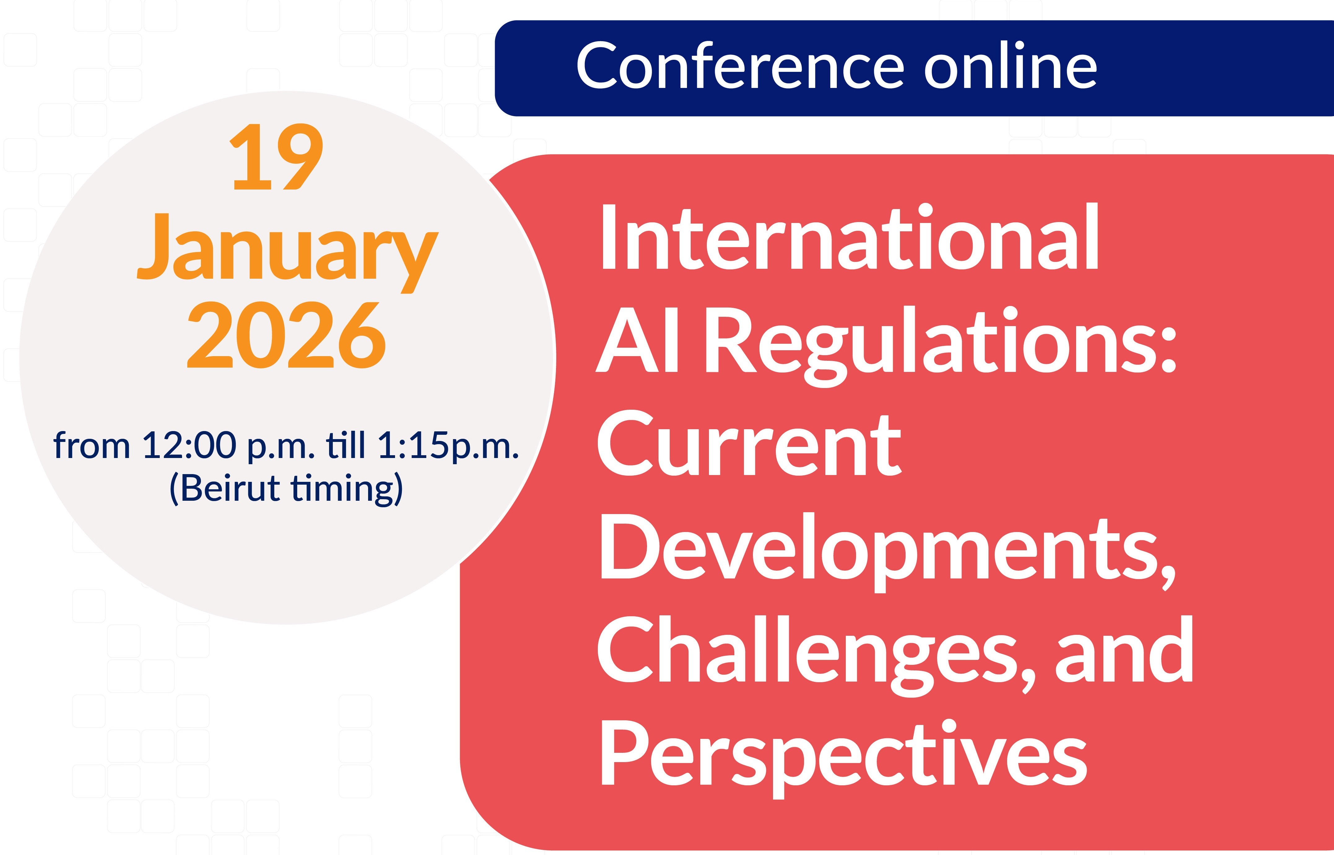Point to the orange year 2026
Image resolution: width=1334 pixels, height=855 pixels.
pyautogui.click(x=286, y=335)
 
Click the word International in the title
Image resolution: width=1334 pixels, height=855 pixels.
pyautogui.click(x=849, y=237)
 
